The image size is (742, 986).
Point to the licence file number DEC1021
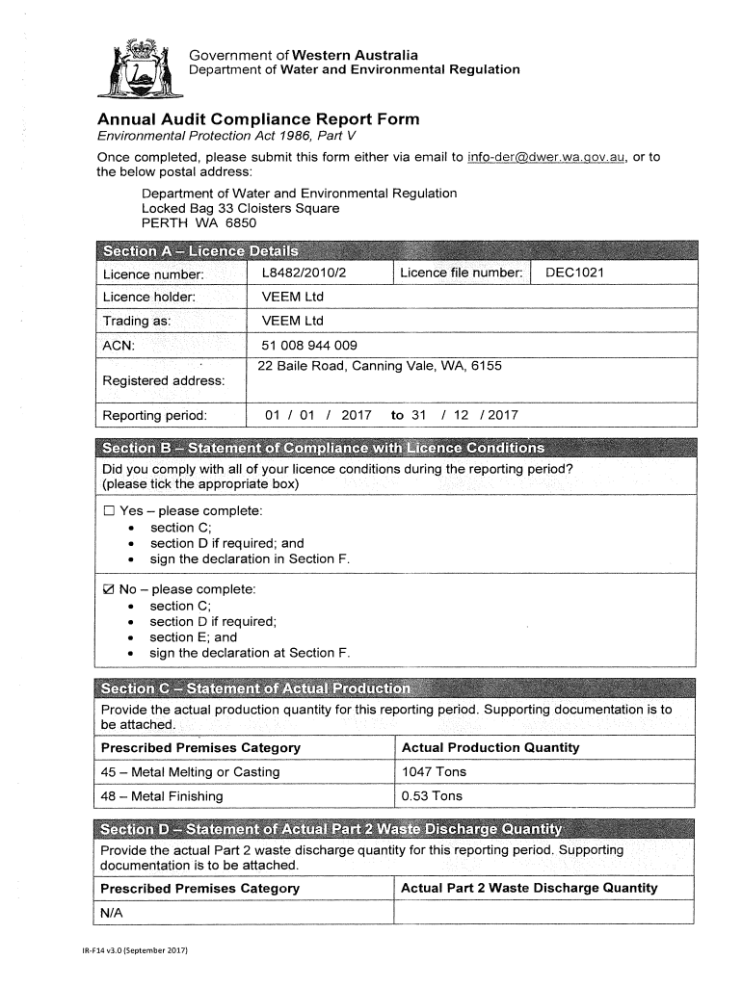tap(574, 272)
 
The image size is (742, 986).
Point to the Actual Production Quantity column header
tap(490, 747)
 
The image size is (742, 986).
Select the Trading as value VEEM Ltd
tap(293, 321)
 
